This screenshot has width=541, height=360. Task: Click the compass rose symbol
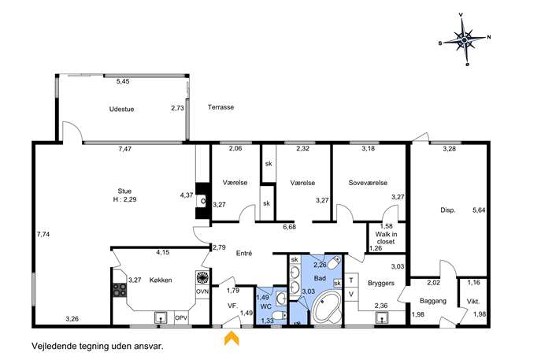click(465, 39)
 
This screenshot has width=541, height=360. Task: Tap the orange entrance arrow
click(232, 338)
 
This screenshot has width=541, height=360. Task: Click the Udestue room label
click(121, 109)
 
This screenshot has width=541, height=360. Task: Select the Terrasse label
click(220, 107)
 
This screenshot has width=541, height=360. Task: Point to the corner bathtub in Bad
click(326, 307)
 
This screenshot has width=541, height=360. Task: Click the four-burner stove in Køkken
click(120, 290)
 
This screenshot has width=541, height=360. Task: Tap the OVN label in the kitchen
click(202, 291)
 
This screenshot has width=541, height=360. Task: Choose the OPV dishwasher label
click(181, 317)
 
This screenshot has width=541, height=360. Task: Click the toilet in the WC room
click(280, 315)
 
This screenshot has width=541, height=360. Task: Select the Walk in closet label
click(386, 238)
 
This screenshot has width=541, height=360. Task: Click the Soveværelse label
click(368, 183)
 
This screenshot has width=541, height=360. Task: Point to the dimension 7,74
click(43, 235)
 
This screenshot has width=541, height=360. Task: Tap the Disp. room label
click(448, 210)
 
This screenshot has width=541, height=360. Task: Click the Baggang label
click(433, 301)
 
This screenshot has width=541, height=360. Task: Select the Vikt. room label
click(473, 302)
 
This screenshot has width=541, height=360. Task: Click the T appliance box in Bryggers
click(351, 280)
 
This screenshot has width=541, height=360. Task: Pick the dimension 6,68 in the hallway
click(289, 227)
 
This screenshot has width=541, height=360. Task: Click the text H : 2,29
click(124, 199)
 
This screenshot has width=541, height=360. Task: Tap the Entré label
click(244, 254)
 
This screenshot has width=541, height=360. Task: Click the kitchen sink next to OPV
click(161, 317)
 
